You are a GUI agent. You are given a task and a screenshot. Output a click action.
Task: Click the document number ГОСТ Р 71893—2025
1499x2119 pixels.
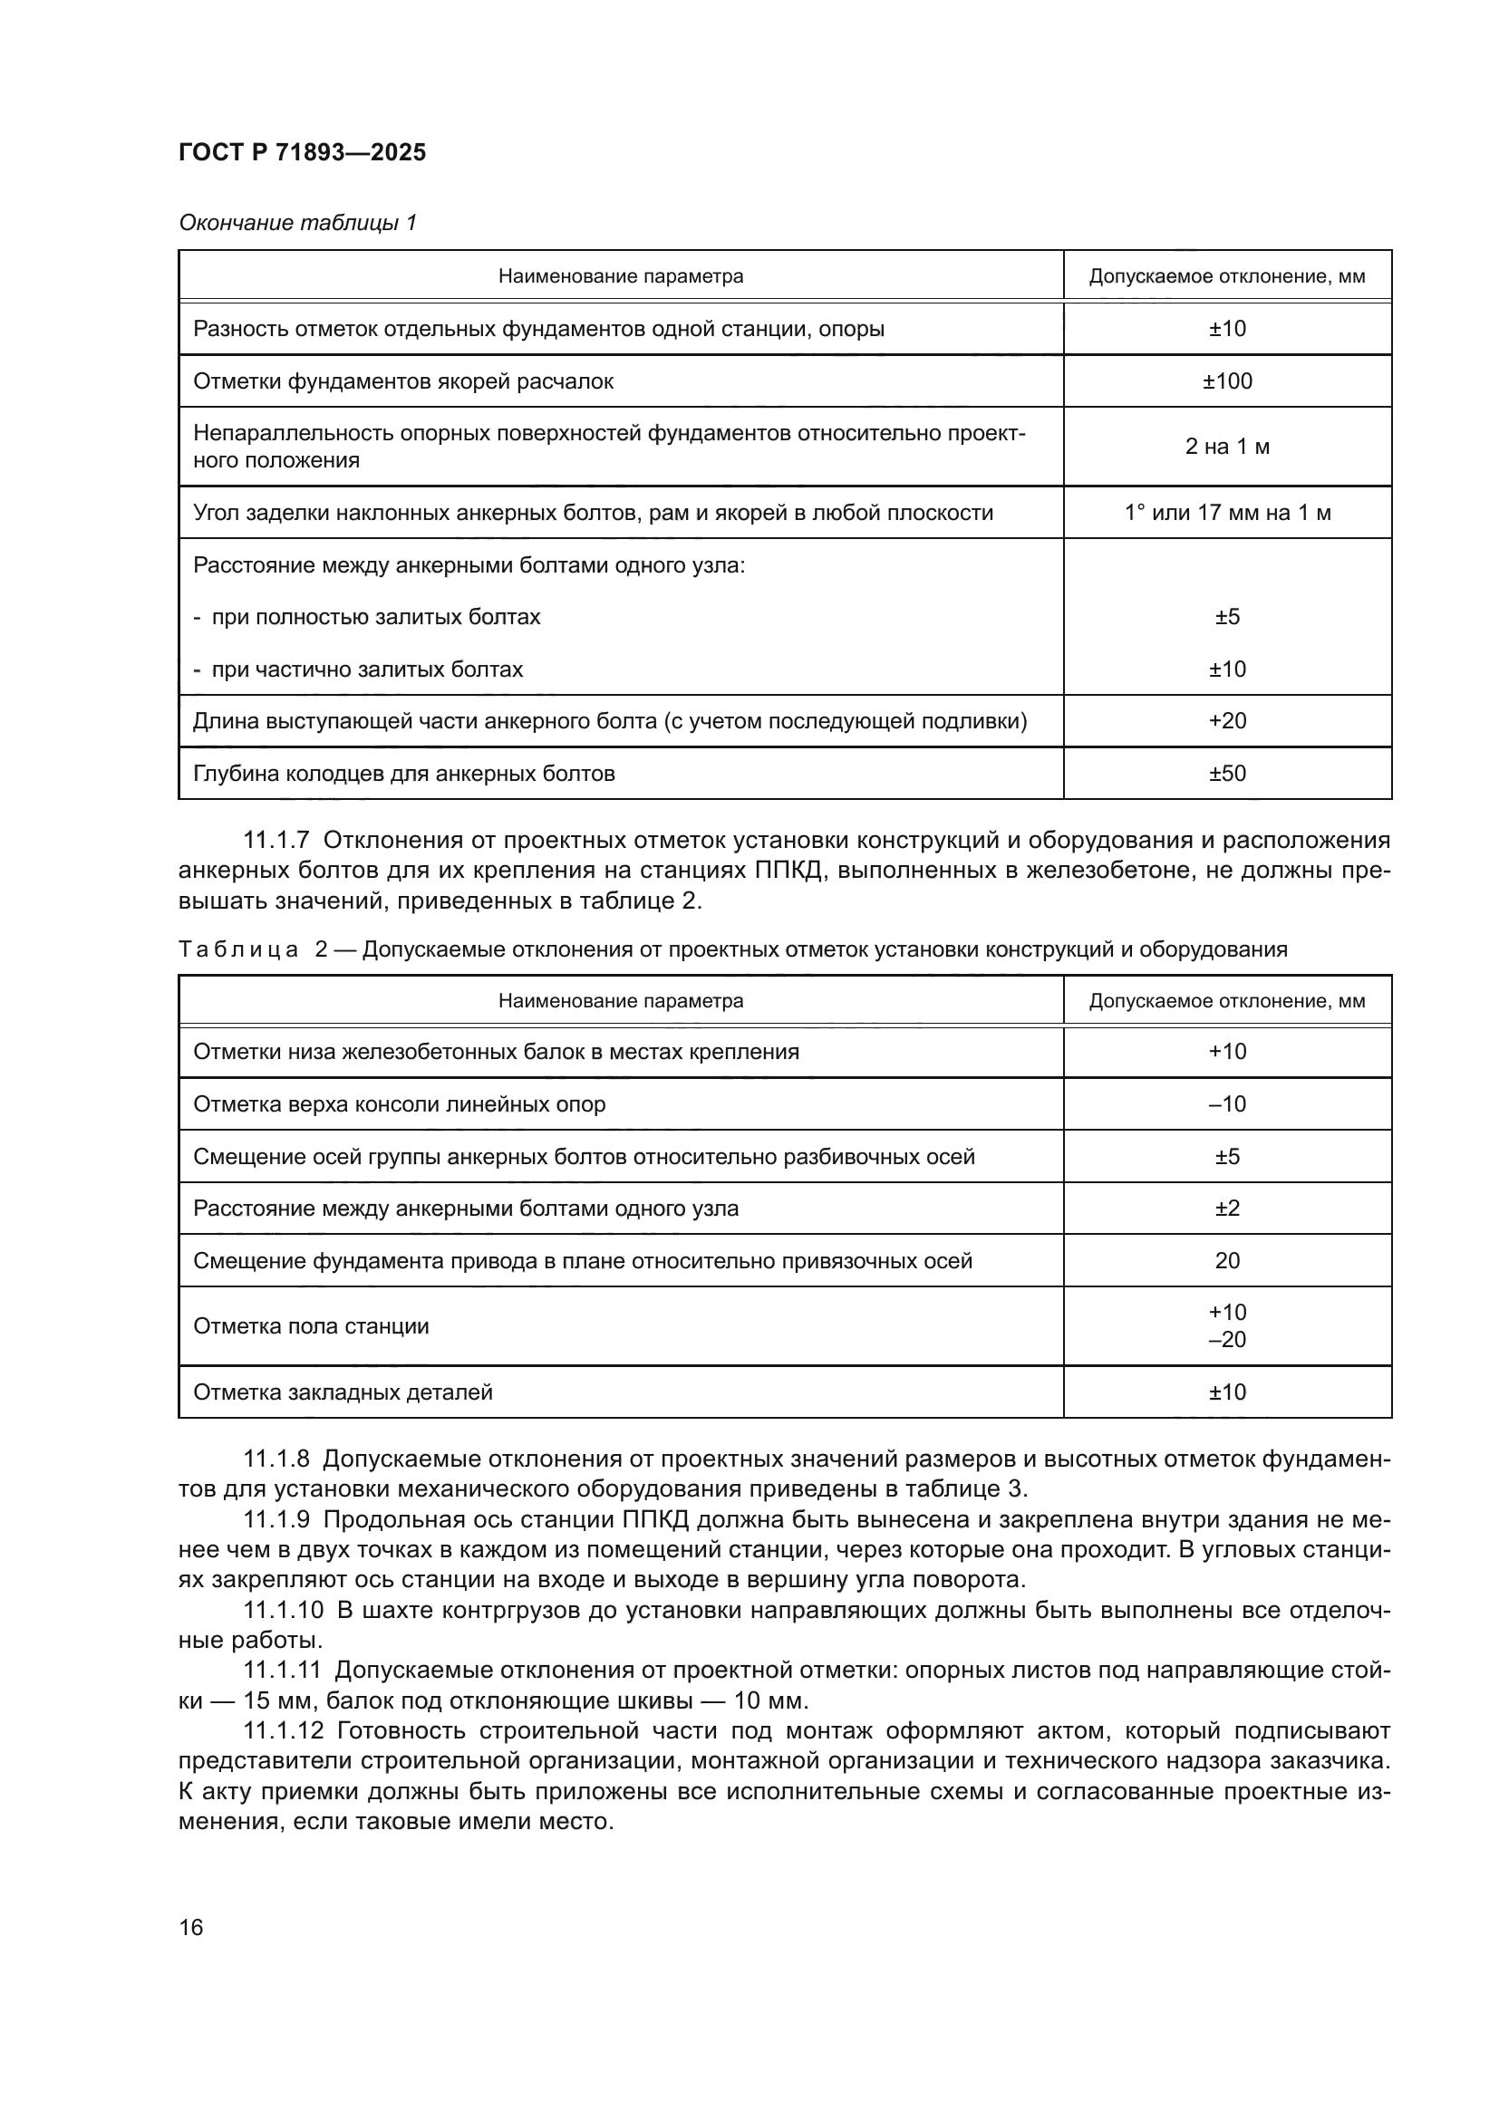coord(302,153)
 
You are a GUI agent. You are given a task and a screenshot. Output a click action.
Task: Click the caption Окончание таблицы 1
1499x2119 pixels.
coord(297,223)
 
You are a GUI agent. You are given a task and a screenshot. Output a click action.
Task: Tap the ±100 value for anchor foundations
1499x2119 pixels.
coord(1227,381)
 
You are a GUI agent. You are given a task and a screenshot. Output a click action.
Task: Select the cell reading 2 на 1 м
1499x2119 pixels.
coord(1227,447)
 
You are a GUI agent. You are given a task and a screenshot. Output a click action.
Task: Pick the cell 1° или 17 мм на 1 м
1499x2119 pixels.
coord(1227,512)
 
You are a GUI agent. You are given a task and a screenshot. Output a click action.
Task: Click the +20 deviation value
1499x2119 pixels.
coord(1227,721)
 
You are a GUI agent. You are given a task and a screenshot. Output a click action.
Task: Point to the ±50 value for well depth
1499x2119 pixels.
coord(1227,774)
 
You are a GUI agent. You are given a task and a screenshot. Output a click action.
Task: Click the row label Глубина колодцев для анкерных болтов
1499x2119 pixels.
coord(403,774)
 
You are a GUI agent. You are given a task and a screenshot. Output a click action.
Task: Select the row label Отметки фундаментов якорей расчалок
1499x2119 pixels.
coord(402,381)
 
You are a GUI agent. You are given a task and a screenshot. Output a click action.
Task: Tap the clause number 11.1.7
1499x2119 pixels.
coord(276,841)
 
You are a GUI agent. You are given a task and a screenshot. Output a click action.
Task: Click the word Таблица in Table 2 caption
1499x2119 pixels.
coord(237,949)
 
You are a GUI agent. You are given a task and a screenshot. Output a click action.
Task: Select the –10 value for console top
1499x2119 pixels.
coord(1227,1103)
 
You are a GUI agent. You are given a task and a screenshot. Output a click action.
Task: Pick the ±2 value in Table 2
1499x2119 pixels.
coord(1227,1209)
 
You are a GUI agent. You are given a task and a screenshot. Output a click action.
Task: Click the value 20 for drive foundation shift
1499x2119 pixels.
coord(1227,1261)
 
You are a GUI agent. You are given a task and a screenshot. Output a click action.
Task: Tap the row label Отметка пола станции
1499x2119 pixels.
coord(310,1326)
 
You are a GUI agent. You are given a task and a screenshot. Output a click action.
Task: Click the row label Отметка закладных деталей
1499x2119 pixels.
coord(343,1392)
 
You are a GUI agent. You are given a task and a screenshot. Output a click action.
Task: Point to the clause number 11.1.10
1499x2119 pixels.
coord(283,1611)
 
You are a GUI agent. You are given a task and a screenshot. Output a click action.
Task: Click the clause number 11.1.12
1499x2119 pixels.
coord(283,1730)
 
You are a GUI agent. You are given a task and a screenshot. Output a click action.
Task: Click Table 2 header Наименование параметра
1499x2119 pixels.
coord(620,1001)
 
